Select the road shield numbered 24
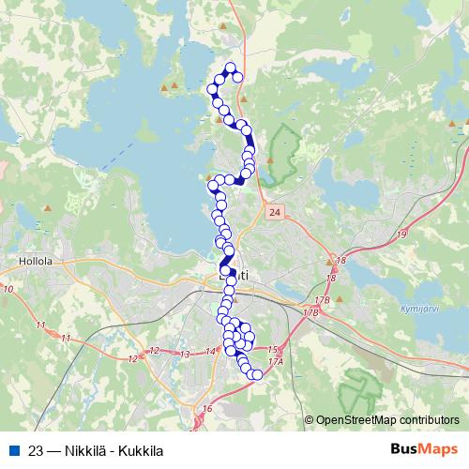(273, 214)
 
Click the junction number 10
(8, 289)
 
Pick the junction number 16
(207, 410)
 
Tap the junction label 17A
(275, 361)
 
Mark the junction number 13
(185, 355)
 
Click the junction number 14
(210, 351)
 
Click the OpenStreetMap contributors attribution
(386, 419)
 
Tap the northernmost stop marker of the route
(232, 67)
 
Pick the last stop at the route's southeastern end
(257, 375)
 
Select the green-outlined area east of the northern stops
(282, 155)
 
